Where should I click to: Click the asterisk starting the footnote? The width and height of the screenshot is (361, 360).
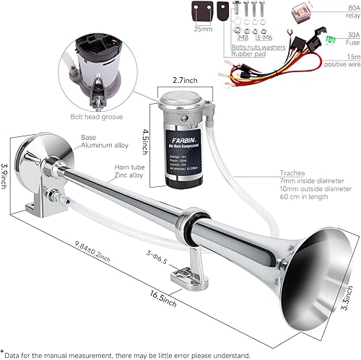coord(4,351)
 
